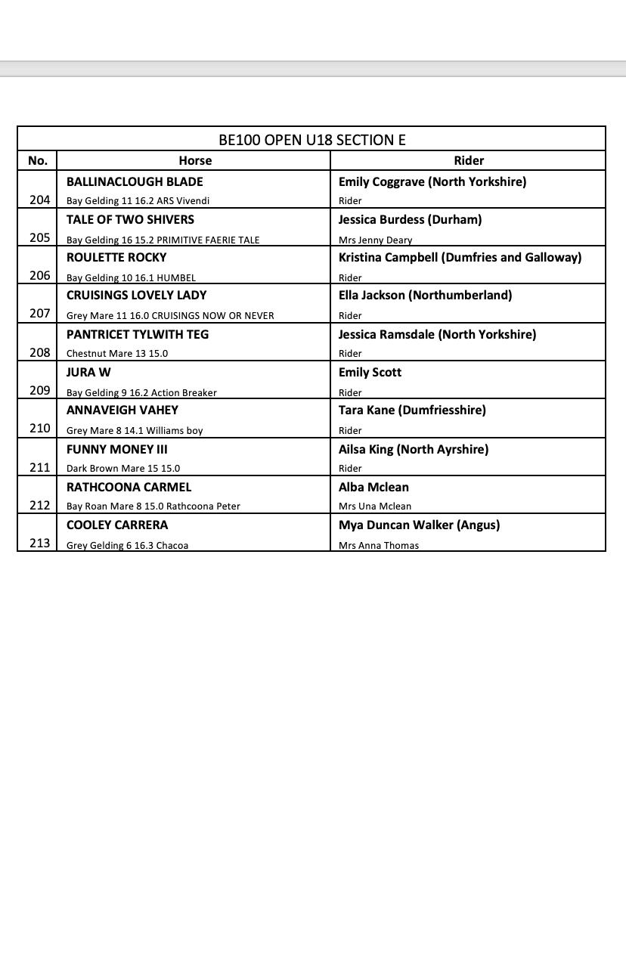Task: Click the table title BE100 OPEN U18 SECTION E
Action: pos(311,140)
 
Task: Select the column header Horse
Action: pos(195,160)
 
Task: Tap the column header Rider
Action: pos(469,160)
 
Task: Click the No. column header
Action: pos(37,160)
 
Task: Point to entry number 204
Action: pos(39,200)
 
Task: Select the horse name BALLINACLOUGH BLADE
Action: pos(135,181)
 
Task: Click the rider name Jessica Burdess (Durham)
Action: pos(410,219)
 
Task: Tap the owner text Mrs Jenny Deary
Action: pos(375,240)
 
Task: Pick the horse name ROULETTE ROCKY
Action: pos(116,257)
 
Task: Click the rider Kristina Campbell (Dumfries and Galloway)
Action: pos(460,257)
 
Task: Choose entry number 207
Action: pos(39,313)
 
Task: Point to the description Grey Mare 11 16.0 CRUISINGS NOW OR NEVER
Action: pos(170,315)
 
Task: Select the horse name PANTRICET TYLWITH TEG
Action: pos(138,334)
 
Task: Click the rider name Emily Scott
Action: pos(370,372)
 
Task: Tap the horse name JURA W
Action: pos(88,372)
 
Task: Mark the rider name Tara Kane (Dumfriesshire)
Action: pos(412,410)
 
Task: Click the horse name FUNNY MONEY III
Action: pos(117,449)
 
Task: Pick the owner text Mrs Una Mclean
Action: pos(375,506)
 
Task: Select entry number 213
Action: pos(39,543)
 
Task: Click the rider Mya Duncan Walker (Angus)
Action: pos(419,525)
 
